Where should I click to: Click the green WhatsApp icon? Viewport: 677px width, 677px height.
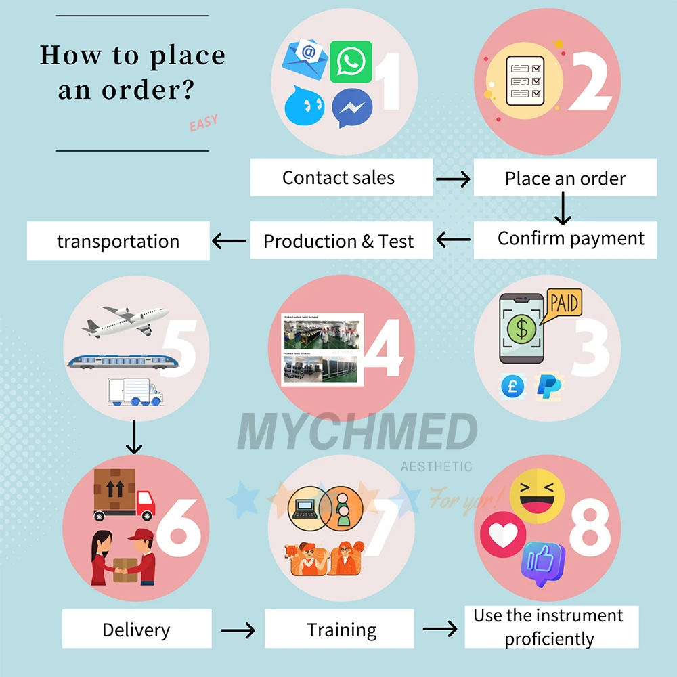pos(351,62)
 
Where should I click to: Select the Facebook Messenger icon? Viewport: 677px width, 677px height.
pos(353,108)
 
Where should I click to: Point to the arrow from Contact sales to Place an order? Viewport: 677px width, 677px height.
pos(453,179)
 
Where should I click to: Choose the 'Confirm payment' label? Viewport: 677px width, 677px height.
pos(571,238)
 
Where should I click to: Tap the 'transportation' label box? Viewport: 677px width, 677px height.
pos(118,242)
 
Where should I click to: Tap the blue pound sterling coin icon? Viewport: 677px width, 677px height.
pos(512,387)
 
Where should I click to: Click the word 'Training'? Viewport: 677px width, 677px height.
pos(341,630)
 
